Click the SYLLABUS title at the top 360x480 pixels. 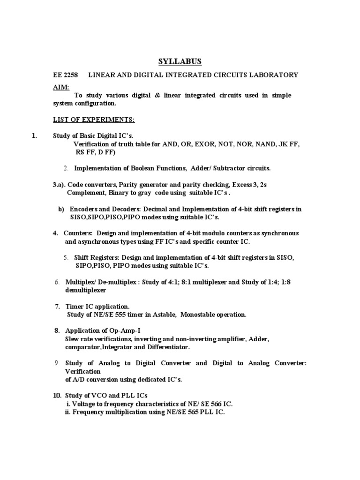click(180, 62)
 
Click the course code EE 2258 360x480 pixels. click(65, 75)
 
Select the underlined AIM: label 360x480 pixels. click(60, 87)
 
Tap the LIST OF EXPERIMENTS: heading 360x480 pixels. click(94, 120)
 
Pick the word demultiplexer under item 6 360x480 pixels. click(86, 290)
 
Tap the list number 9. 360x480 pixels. click(56, 363)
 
